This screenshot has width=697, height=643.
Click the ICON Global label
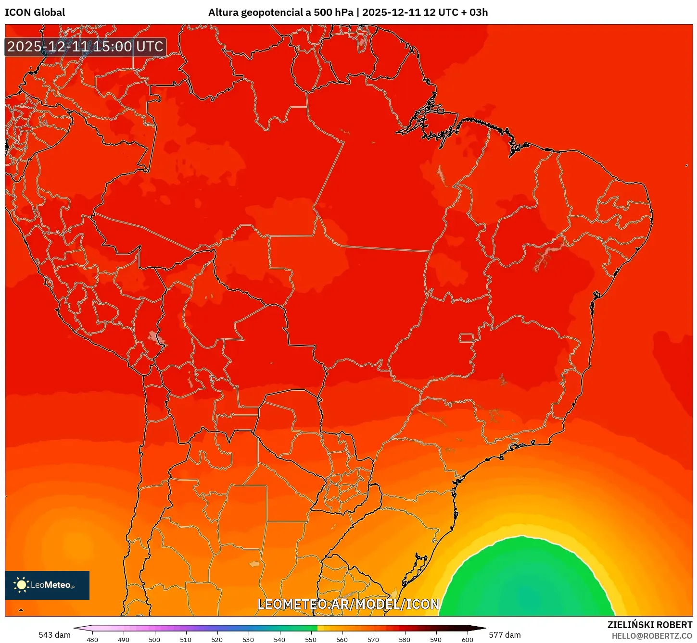click(35, 12)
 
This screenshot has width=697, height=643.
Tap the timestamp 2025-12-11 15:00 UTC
click(85, 47)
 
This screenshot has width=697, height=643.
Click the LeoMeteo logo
click(47, 585)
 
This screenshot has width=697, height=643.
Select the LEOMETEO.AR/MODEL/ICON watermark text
click(348, 604)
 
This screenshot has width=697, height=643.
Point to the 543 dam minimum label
click(54, 635)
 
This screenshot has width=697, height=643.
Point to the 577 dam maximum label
click(505, 635)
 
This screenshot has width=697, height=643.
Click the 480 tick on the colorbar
click(92, 639)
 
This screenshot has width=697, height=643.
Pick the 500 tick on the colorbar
click(154, 639)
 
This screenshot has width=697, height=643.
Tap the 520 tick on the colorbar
click(217, 639)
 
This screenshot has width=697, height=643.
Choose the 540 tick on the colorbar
click(279, 639)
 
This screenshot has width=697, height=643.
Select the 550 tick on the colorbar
click(311, 639)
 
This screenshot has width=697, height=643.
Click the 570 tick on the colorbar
click(373, 639)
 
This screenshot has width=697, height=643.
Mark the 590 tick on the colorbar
click(436, 639)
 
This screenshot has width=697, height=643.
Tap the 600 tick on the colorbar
click(467, 639)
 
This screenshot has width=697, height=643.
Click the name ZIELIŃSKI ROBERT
click(650, 625)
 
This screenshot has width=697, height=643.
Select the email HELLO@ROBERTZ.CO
click(652, 636)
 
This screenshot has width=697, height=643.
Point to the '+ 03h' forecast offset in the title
click(474, 12)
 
